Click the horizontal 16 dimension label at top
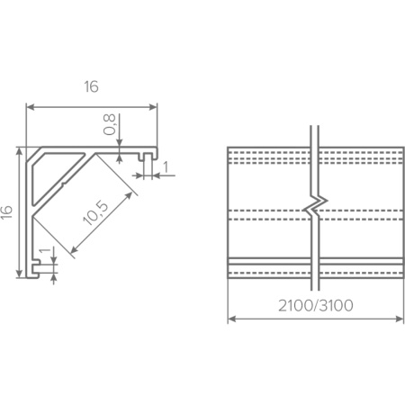tap(91, 86)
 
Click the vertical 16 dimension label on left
tap(6, 211)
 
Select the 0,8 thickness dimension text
tap(109, 124)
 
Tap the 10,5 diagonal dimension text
tap(95, 213)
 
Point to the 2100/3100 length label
tap(316, 306)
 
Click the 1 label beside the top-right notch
tap(166, 167)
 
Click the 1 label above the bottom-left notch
tap(45, 250)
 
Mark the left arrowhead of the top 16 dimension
tap(31, 107)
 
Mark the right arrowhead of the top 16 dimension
tap(153, 107)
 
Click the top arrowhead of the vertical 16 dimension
tap(19, 151)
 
